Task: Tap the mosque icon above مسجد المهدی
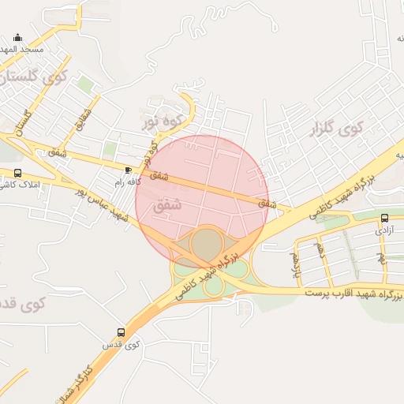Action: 18,37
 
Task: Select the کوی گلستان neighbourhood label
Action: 36,77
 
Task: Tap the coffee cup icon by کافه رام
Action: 129,170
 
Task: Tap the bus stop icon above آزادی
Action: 384,219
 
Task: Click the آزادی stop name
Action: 384,230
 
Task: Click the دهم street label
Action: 320,252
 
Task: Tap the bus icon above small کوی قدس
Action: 121,333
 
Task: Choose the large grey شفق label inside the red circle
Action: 170,204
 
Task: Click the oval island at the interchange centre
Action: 207,245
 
